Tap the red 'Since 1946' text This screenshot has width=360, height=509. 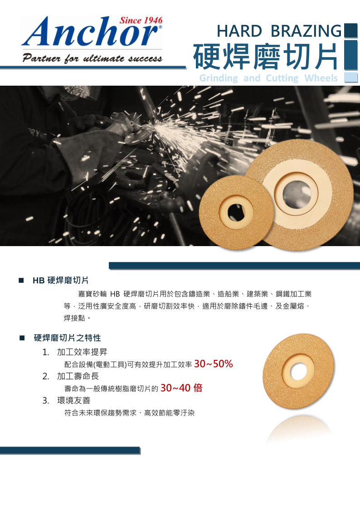tap(141, 20)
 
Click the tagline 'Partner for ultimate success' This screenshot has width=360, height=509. tap(92, 58)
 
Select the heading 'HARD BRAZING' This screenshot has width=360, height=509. tap(279, 31)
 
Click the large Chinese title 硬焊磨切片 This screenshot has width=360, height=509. tap(266, 57)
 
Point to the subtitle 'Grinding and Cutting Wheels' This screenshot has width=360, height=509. tap(268, 78)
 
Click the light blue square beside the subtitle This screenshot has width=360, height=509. tap(350, 78)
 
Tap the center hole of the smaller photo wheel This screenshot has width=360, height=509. tap(236, 213)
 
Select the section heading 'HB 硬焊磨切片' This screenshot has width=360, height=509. tap(60, 281)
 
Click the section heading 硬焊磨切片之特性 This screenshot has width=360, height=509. tap(68, 338)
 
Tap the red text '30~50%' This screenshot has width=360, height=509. tap(213, 364)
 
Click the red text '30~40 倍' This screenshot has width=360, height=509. tap(181, 388)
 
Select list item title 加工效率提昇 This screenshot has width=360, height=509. tap(82, 352)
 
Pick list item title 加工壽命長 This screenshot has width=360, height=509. tap(78, 376)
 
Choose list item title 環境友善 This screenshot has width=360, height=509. tap(74, 400)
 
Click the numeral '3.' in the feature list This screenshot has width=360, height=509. tap(46, 401)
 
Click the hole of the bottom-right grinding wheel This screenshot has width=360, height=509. tap(298, 371)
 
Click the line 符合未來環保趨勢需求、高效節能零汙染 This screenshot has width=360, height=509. tap(130, 413)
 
